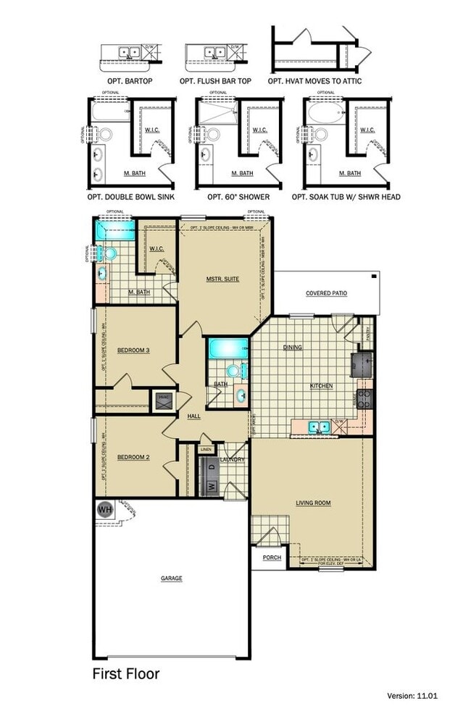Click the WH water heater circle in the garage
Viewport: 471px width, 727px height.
click(104, 509)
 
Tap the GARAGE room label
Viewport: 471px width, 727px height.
click(172, 578)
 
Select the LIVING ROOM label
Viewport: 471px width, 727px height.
click(313, 502)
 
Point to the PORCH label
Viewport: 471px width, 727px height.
click(272, 558)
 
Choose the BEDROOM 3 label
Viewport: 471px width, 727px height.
click(133, 350)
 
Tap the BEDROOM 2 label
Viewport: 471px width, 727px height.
click(133, 457)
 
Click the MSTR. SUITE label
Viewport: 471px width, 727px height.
click(222, 279)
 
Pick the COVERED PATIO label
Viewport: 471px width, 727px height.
click(326, 293)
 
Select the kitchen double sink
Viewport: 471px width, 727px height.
click(318, 427)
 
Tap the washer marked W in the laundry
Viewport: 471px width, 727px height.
click(212, 486)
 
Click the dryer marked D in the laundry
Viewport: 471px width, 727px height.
click(212, 467)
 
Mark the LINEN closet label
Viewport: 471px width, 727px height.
click(207, 450)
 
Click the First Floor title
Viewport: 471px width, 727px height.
click(125, 673)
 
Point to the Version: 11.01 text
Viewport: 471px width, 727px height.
click(413, 716)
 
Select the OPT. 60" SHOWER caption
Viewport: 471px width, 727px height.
click(238, 196)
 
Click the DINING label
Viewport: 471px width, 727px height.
click(293, 348)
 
